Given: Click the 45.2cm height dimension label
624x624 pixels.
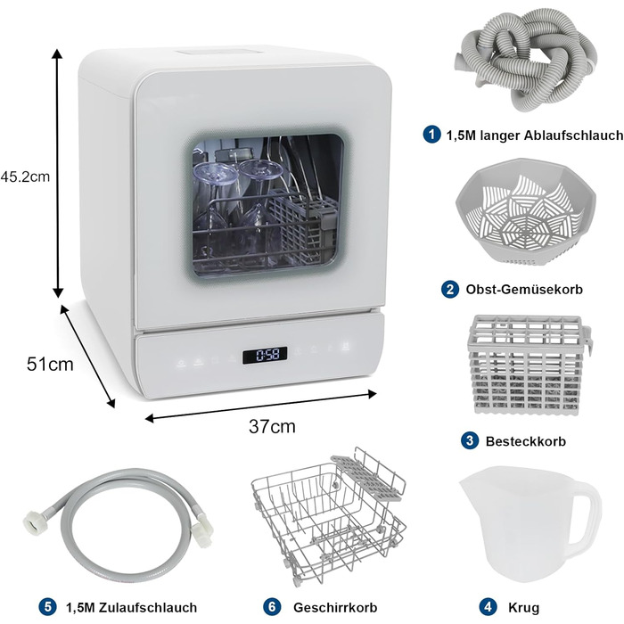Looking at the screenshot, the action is click(x=26, y=177).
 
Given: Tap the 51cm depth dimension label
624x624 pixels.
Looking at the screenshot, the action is click(x=50, y=364).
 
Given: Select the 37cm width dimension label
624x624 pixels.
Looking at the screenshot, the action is click(x=272, y=427).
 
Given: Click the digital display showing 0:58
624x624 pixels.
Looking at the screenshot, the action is click(x=265, y=355).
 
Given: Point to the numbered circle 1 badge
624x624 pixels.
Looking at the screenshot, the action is click(x=431, y=135).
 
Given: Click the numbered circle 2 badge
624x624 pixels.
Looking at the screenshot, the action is click(x=450, y=289).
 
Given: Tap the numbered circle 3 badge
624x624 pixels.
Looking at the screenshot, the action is click(x=470, y=440).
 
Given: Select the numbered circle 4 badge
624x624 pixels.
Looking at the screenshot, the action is click(x=488, y=607).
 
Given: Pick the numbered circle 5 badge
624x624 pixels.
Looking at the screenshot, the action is click(x=48, y=607).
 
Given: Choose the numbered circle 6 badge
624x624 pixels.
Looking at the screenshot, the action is click(x=272, y=607).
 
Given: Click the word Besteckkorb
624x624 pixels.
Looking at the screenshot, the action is click(x=526, y=441).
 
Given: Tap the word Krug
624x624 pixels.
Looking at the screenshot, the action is click(x=524, y=608).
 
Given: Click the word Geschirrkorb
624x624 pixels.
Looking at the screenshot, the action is click(x=335, y=607).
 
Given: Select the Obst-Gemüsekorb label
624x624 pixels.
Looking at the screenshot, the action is click(x=524, y=289).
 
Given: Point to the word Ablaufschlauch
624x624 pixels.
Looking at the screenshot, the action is click(x=573, y=135).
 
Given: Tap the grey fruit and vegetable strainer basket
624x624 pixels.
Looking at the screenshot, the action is click(x=526, y=211).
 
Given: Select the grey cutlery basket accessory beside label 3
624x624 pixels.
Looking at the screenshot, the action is click(x=528, y=365).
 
